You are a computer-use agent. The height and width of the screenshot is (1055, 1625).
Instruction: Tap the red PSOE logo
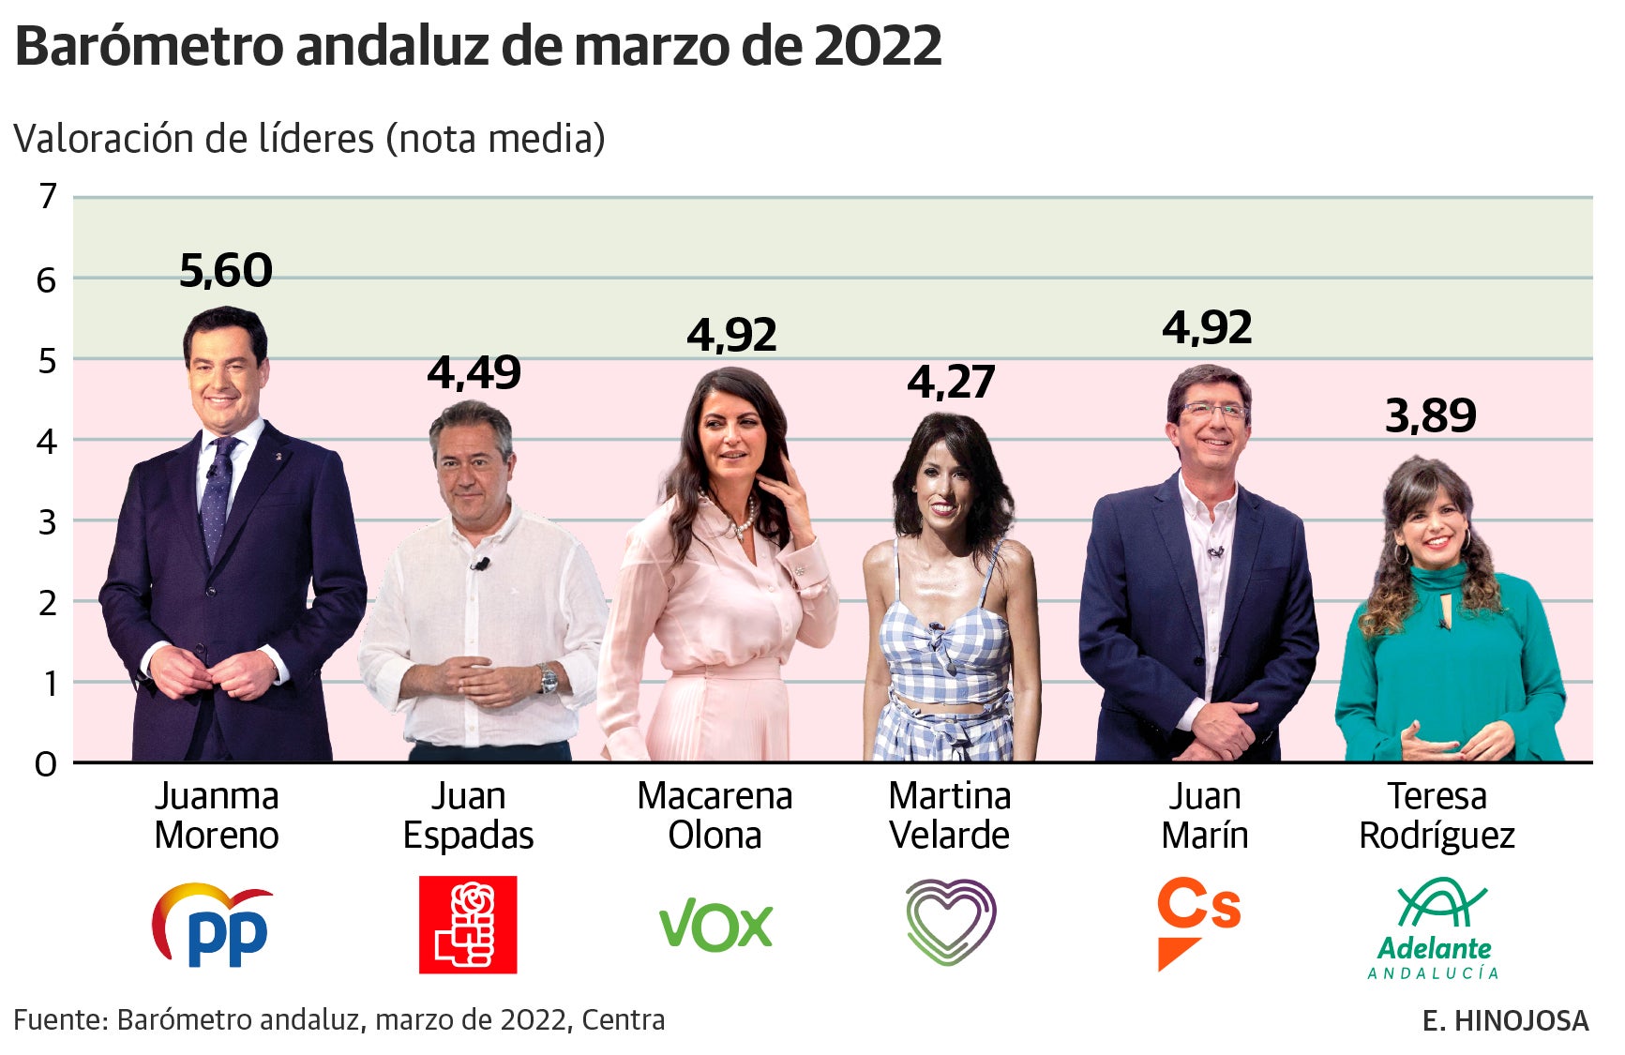pos(467,925)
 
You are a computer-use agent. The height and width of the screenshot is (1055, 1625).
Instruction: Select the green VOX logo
pos(715,926)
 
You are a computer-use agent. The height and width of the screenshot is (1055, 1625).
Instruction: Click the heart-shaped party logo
pos(950,921)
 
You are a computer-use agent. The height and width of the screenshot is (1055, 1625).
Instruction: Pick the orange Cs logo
pos(1197,922)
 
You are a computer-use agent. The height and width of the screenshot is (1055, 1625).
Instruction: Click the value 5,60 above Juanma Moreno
pos(226,271)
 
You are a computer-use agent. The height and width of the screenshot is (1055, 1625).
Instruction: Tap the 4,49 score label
pos(474,373)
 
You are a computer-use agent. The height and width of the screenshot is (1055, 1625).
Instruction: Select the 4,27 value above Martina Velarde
pos(950,383)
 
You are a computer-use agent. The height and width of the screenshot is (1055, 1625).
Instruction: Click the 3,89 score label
pos(1430,415)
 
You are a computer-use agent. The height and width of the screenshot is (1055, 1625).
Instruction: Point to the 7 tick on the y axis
pos(47,197)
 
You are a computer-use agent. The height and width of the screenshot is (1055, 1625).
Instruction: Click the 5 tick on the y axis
pos(47,360)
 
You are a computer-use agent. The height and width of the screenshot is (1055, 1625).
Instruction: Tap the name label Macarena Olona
pos(715,815)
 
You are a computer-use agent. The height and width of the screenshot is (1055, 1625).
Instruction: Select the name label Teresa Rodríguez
pos(1437,815)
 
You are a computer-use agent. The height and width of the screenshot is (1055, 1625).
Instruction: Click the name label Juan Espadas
pos(468,815)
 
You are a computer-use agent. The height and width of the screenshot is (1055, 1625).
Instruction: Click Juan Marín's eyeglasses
pos(1214,410)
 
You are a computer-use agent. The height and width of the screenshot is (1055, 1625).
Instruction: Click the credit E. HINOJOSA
pos(1505,1020)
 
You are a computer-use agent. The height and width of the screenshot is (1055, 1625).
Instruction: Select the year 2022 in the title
pos(878,45)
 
